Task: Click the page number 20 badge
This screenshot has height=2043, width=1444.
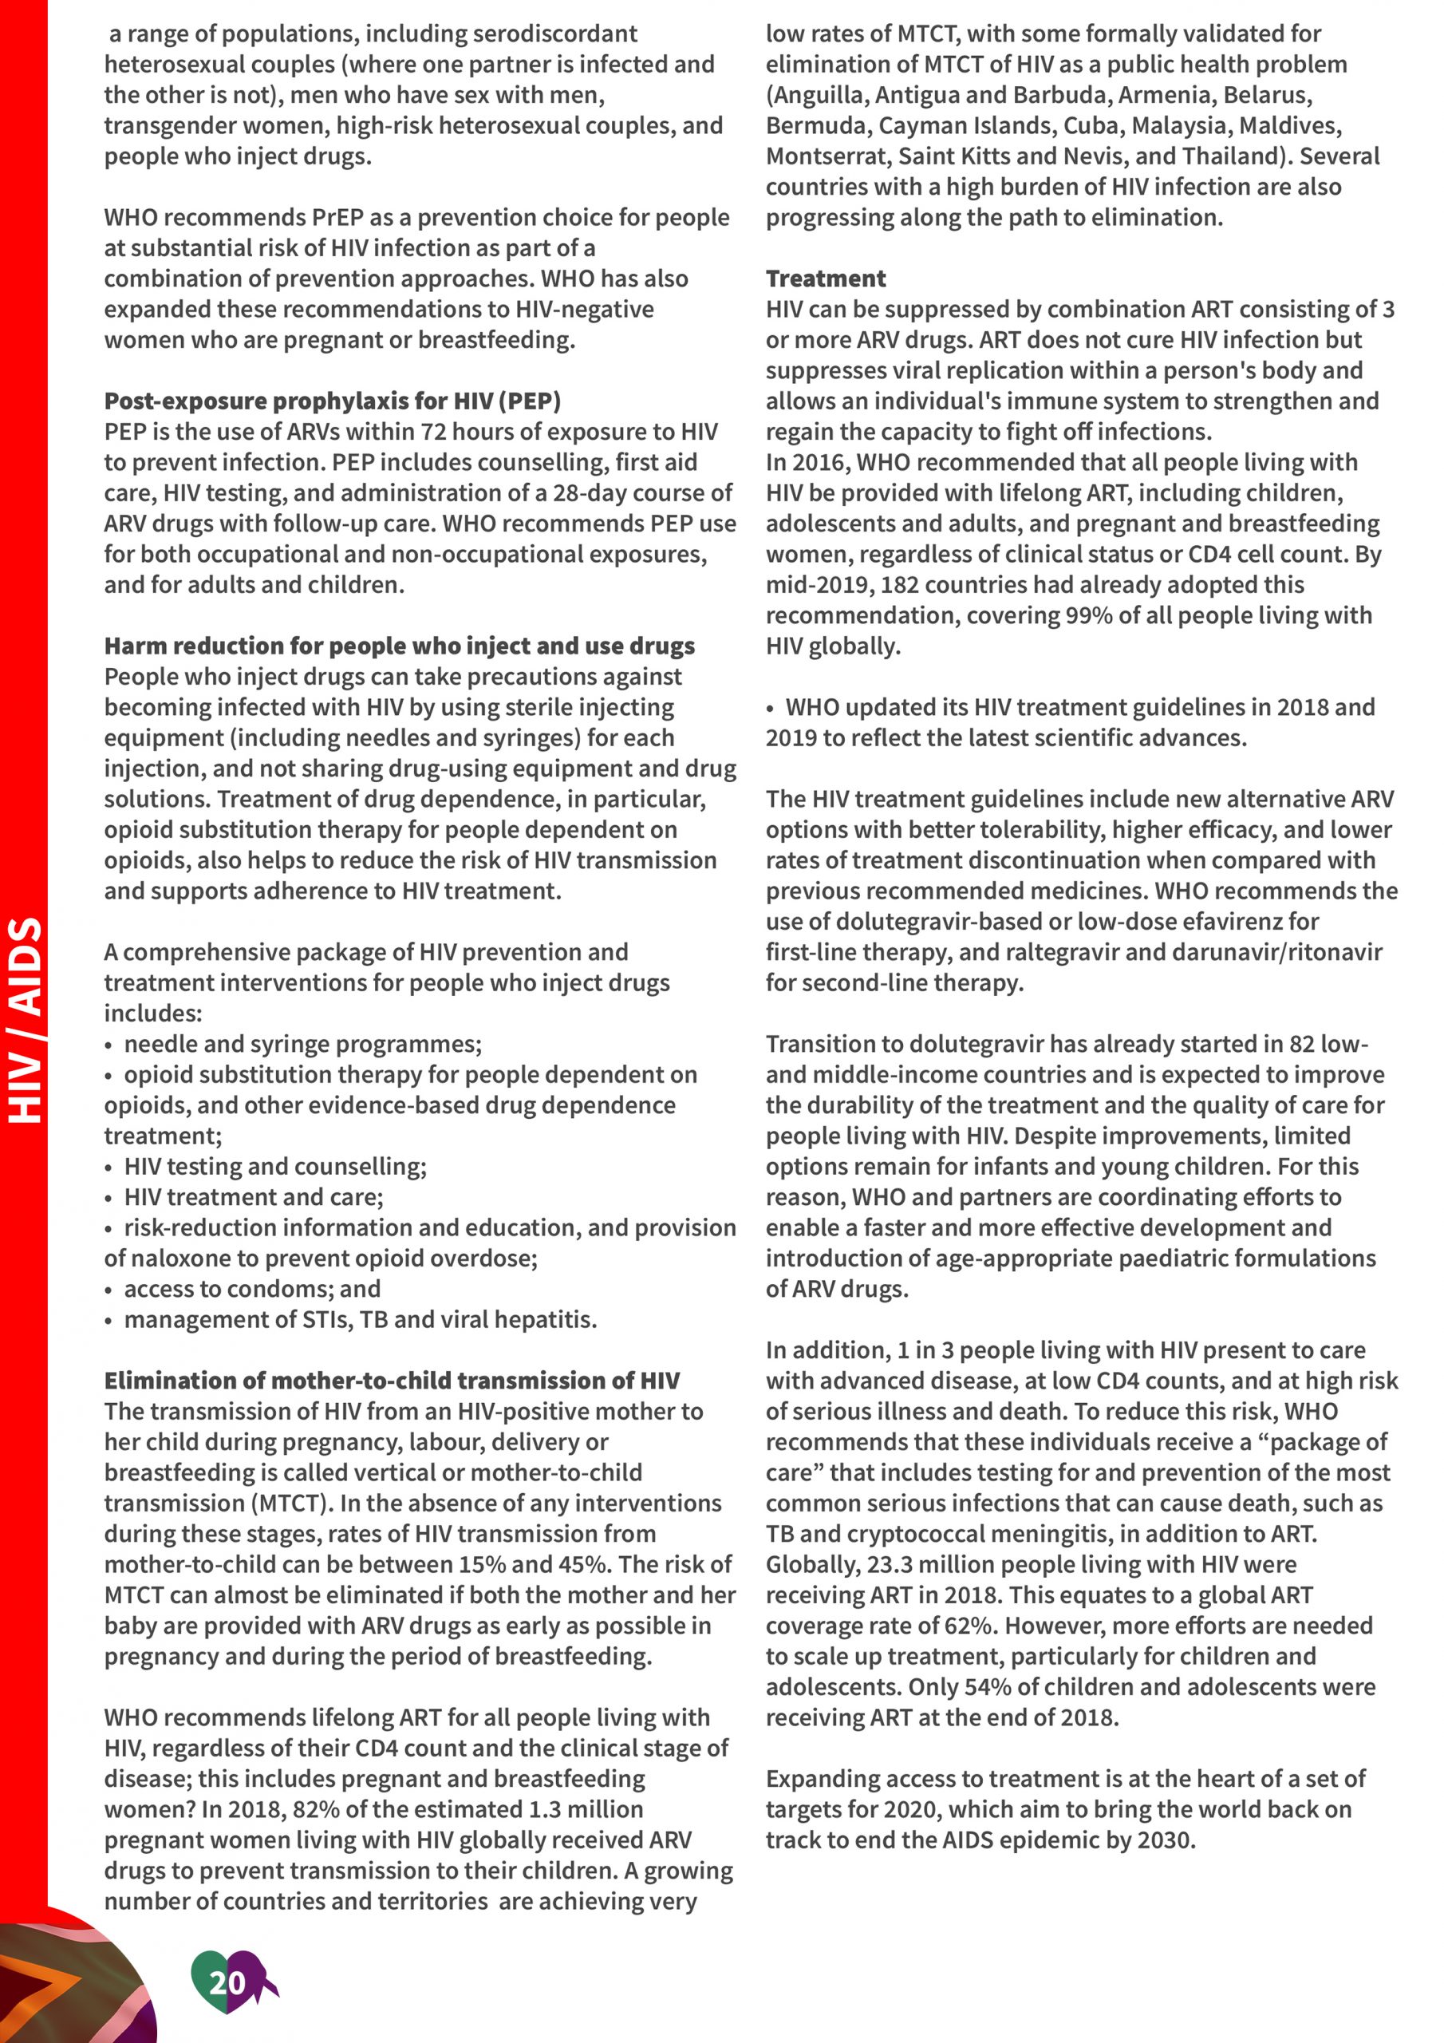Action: (227, 1982)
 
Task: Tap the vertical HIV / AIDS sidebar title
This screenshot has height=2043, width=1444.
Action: (25, 1020)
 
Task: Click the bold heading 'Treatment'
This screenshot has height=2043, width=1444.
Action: (825, 279)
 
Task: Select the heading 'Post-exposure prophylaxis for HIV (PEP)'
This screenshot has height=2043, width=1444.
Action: (332, 401)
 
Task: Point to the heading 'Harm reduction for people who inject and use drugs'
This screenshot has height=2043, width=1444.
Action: (400, 645)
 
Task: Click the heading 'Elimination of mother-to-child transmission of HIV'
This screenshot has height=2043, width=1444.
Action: (392, 1380)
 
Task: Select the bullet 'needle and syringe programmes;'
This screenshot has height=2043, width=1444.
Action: (302, 1044)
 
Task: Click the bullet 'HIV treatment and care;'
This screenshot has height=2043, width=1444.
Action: (254, 1197)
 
